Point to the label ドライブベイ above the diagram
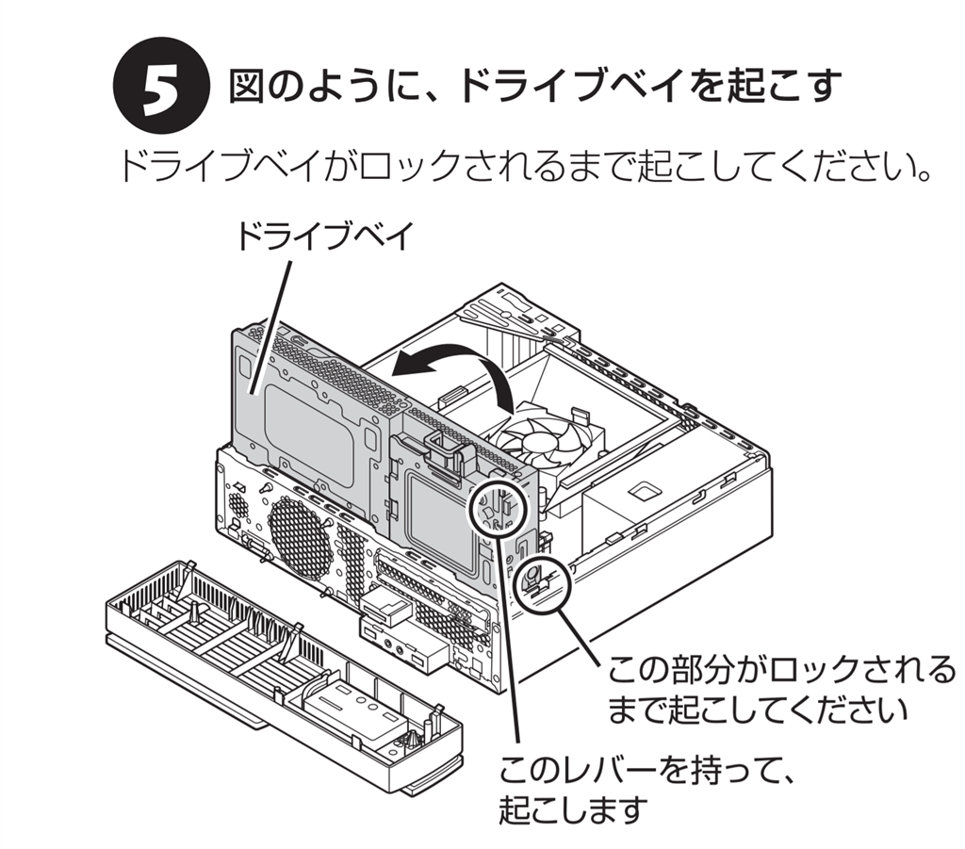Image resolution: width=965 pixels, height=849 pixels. [x=324, y=237]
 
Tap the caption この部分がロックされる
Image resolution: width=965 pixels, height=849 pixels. [x=781, y=670]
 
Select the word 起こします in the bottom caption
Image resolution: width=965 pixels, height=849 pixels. [x=573, y=810]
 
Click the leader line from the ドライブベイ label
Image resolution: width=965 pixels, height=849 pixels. [x=270, y=326]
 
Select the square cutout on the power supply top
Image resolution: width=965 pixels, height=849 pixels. [x=644, y=489]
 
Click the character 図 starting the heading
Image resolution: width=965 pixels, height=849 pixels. [x=248, y=87]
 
